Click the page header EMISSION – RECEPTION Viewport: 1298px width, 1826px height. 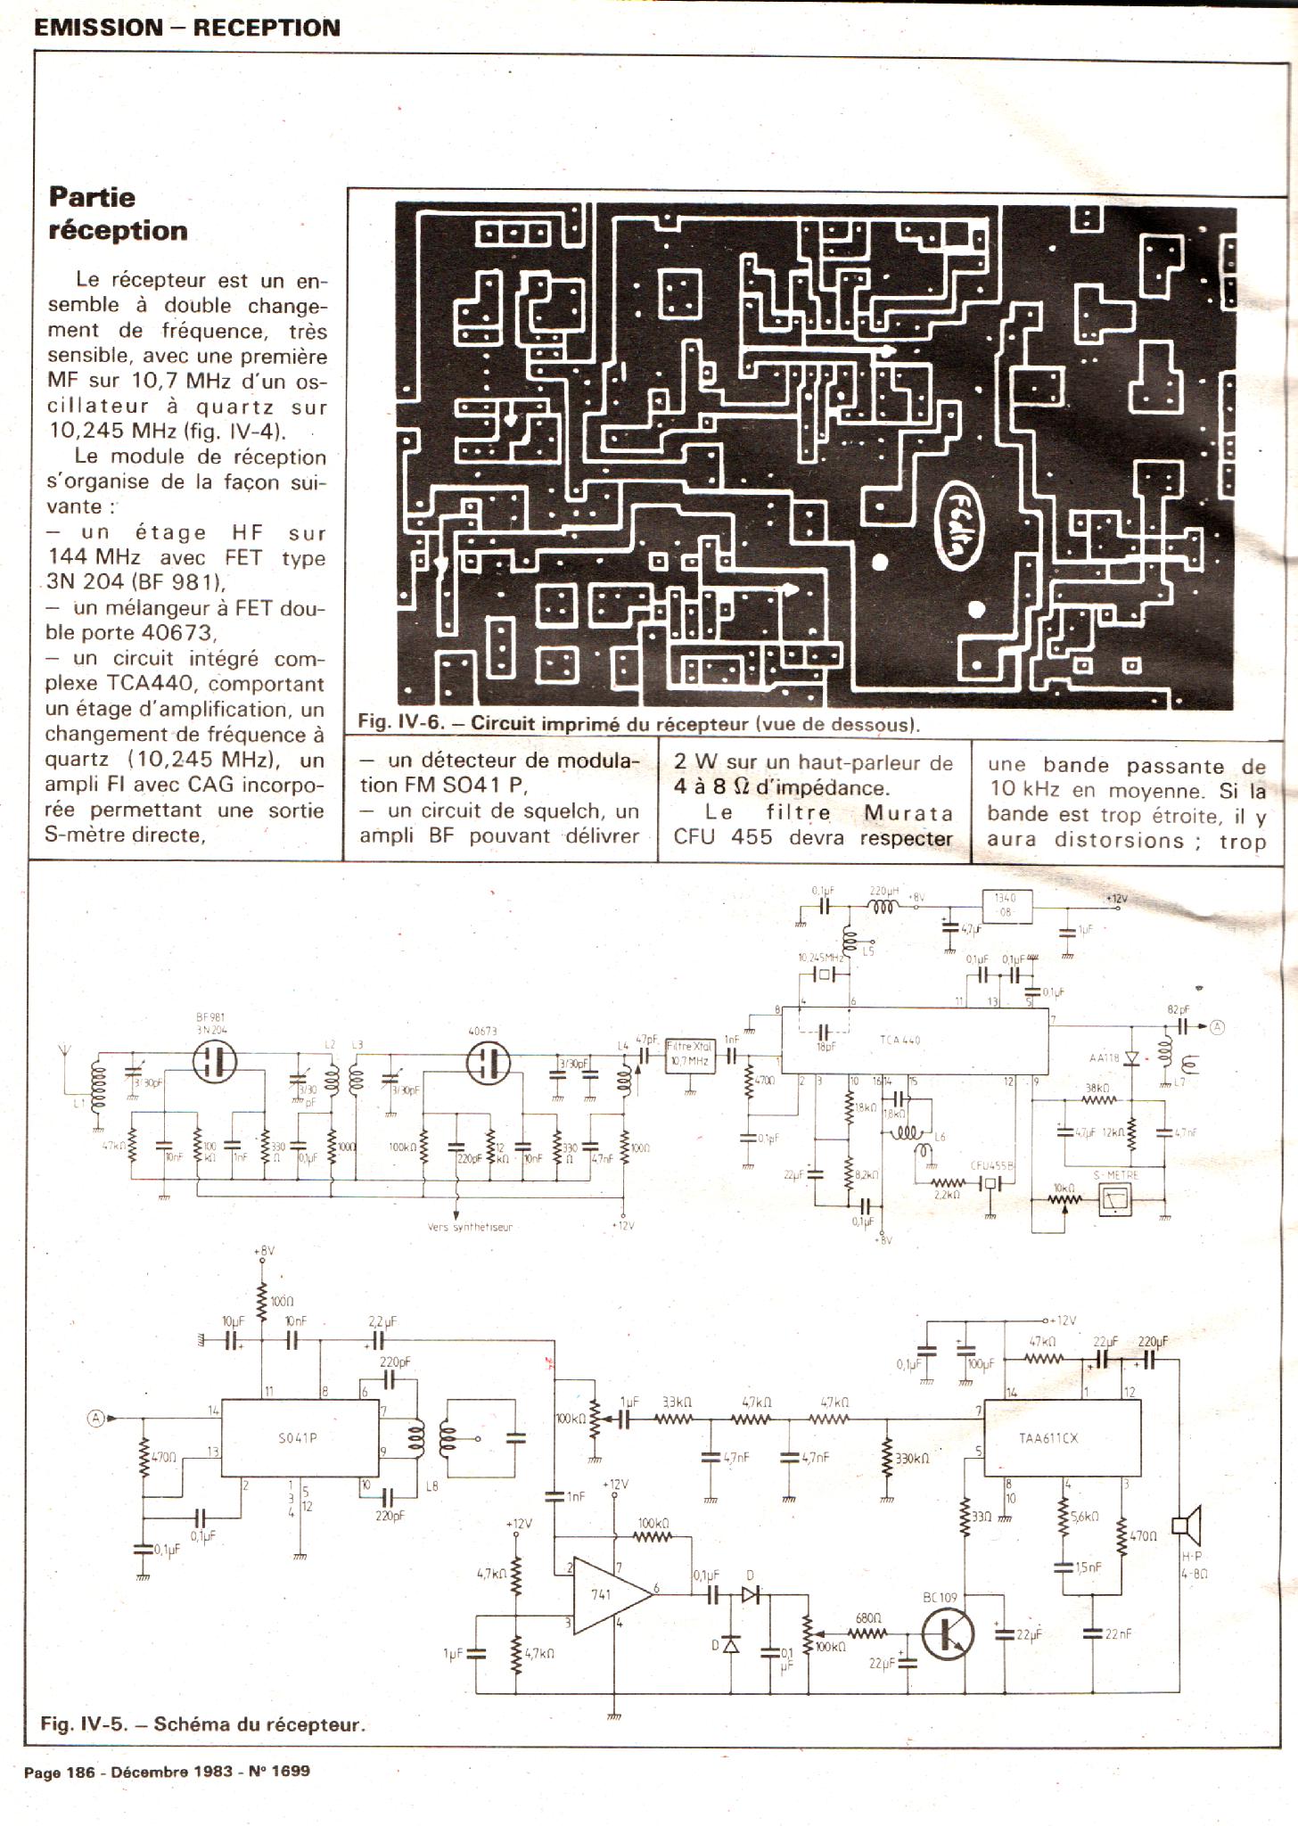(187, 28)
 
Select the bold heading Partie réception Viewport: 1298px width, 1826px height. (118, 213)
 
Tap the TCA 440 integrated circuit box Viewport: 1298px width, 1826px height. (915, 1040)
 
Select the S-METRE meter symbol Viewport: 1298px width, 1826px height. (1115, 1201)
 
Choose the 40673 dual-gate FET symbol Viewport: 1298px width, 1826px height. (488, 1063)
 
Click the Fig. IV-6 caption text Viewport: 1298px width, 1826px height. (638, 724)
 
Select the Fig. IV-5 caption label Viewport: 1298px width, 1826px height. (203, 1723)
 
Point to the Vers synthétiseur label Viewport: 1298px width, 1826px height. (470, 1228)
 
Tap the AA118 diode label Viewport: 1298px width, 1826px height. (1104, 1058)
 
